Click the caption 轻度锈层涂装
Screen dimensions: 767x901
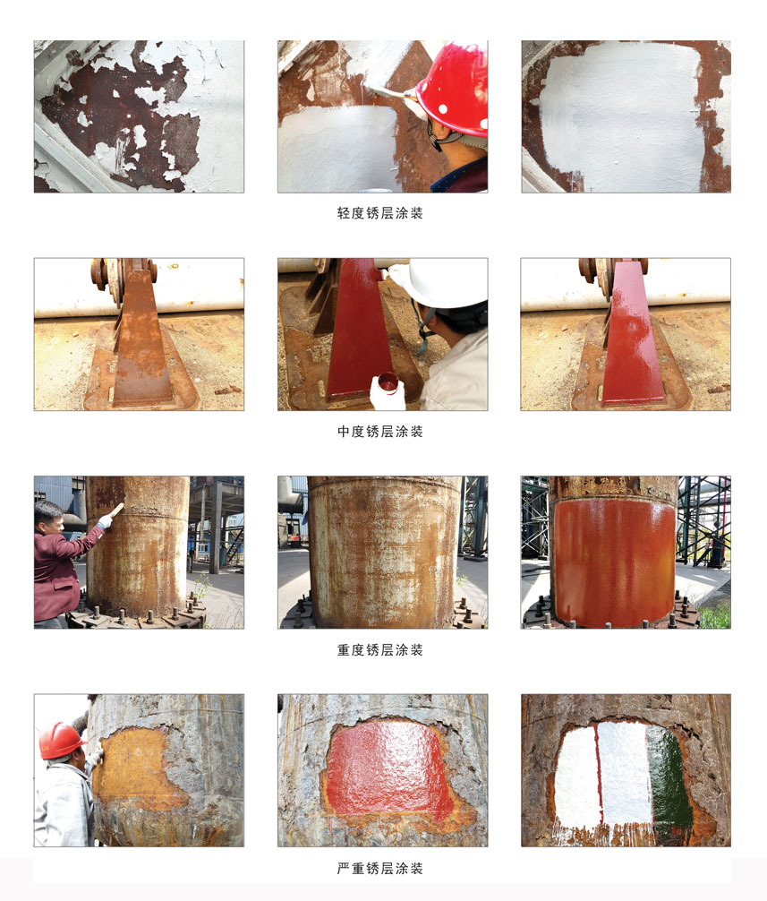click(380, 213)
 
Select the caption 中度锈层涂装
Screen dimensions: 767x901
click(380, 432)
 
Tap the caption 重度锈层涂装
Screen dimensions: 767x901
click(380, 650)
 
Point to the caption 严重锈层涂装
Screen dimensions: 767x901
click(380, 868)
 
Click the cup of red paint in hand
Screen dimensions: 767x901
click(388, 382)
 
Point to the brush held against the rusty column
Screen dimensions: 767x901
click(116, 511)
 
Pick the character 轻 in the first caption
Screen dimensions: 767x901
click(344, 213)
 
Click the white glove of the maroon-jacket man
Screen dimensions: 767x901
click(105, 522)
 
